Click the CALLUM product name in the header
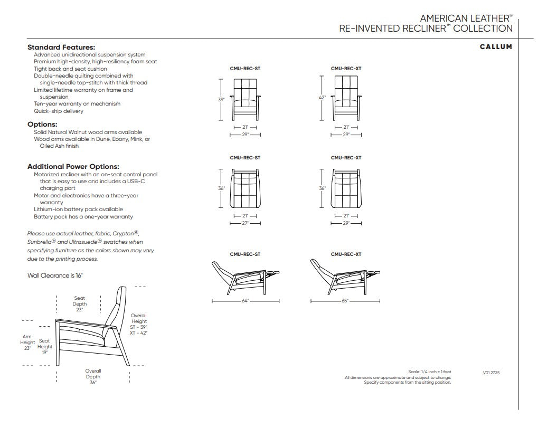click(x=496, y=47)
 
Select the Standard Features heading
click(x=61, y=47)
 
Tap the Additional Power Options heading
click(x=73, y=167)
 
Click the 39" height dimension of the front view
click(x=221, y=99)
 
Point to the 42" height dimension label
click(x=322, y=98)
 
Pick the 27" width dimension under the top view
click(x=245, y=223)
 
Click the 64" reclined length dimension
click(x=245, y=301)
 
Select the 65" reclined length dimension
click(x=345, y=301)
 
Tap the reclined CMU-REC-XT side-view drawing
click(x=345, y=277)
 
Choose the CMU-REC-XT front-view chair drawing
click(x=346, y=99)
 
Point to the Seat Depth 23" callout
click(x=80, y=303)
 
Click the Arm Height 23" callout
click(x=27, y=343)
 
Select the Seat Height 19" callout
click(x=45, y=347)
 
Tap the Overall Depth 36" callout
click(x=93, y=376)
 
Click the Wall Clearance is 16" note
click(x=55, y=275)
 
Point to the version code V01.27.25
click(x=492, y=373)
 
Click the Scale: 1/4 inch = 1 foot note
click(x=429, y=372)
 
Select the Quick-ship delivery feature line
click(x=59, y=111)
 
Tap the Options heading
click(x=42, y=125)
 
